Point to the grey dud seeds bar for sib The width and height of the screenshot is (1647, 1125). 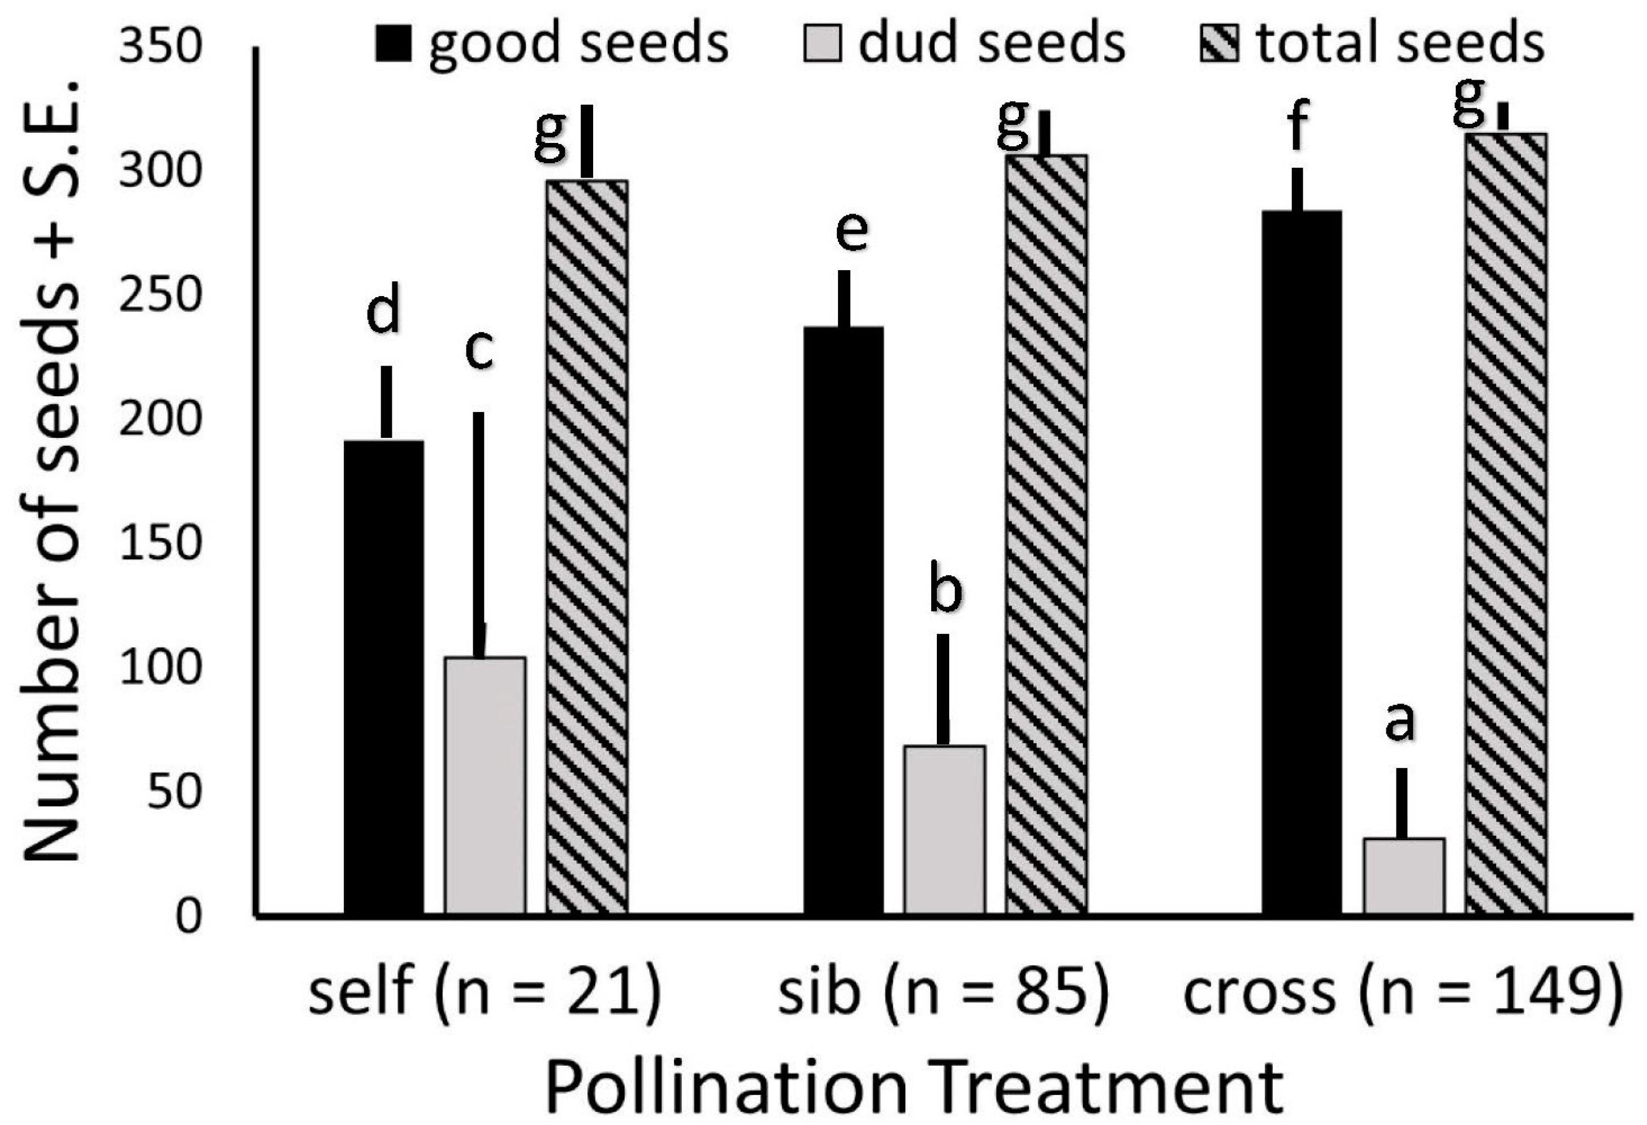[x=944, y=829]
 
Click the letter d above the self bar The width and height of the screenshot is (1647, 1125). [x=383, y=309]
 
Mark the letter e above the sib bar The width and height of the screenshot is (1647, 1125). [x=851, y=232]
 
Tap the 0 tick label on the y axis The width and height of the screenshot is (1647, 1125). [x=188, y=916]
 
